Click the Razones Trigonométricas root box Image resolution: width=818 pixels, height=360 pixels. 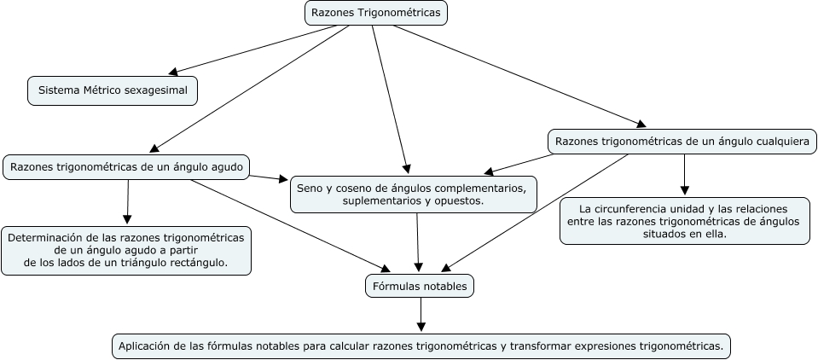[x=376, y=13]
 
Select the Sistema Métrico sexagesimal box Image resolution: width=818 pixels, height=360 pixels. [x=113, y=90]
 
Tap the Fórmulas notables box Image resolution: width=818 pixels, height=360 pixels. [x=419, y=287]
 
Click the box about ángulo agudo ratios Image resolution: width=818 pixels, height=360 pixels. [x=126, y=166]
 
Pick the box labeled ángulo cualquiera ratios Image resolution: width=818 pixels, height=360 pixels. [x=682, y=141]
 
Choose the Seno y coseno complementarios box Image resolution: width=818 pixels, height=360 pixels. [x=413, y=194]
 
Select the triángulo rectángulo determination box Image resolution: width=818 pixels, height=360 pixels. [x=126, y=251]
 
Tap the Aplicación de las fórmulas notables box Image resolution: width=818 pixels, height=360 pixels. [x=421, y=345]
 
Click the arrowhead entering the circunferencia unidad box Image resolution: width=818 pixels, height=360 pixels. [x=684, y=191]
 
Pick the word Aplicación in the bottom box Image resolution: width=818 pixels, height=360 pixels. [x=145, y=345]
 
